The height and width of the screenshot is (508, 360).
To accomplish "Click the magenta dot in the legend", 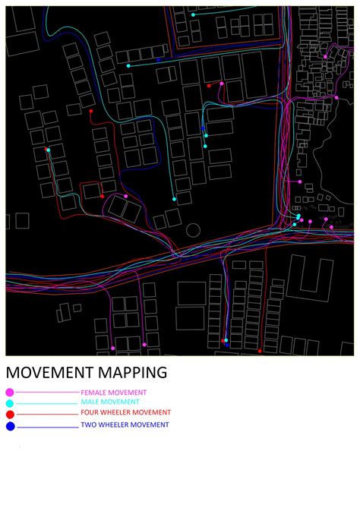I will pyautogui.click(x=10, y=392).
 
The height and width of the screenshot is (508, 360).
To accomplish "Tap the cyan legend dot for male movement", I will pyautogui.click(x=10, y=403).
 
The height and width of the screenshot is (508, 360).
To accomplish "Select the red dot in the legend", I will pyautogui.click(x=10, y=415).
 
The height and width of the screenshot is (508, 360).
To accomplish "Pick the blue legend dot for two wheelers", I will pyautogui.click(x=10, y=426).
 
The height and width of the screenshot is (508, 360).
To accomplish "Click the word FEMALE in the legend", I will pyautogui.click(x=96, y=393).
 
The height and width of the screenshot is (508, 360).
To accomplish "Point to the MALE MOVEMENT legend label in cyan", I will pyautogui.click(x=110, y=402).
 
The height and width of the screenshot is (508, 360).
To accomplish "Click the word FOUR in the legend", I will pyautogui.click(x=91, y=413).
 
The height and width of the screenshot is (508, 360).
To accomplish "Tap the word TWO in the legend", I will pyautogui.click(x=90, y=424).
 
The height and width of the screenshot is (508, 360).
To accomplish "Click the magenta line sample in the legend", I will pyautogui.click(x=46, y=392).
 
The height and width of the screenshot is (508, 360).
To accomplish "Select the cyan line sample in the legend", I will pyautogui.click(x=46, y=403).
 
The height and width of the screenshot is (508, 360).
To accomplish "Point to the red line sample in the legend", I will pyautogui.click(x=46, y=415).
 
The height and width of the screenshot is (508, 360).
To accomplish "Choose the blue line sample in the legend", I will pyautogui.click(x=46, y=427).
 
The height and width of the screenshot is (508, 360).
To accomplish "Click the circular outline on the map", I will pyautogui.click(x=193, y=229).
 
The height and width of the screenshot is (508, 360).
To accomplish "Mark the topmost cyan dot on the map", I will pyautogui.click(x=193, y=14).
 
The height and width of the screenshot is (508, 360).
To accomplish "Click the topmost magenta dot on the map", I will pyautogui.click(x=325, y=56).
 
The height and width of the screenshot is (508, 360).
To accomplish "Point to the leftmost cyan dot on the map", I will pyautogui.click(x=49, y=150).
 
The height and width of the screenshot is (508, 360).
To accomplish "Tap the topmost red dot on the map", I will pyautogui.click(x=209, y=86).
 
